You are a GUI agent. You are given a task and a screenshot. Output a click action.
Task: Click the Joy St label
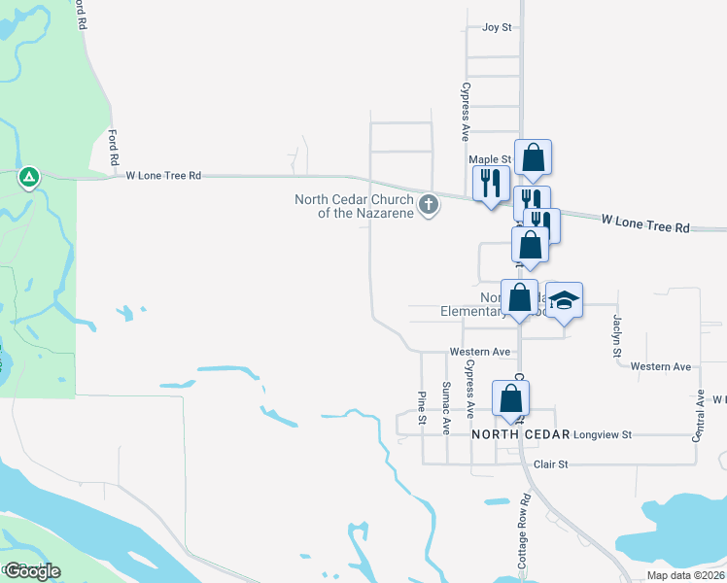(497, 27)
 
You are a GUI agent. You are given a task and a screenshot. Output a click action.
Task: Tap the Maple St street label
(489, 159)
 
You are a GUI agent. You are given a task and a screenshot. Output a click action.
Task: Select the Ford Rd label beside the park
(114, 146)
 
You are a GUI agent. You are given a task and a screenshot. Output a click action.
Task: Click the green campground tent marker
(29, 177)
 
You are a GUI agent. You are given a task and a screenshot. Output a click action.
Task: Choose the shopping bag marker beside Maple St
(533, 156)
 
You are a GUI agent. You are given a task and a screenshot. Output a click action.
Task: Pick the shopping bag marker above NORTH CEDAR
(510, 398)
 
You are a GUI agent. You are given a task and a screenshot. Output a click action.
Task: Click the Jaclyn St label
(616, 335)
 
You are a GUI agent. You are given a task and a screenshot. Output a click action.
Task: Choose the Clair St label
(550, 464)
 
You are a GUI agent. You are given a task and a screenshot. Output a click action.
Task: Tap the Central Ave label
(698, 417)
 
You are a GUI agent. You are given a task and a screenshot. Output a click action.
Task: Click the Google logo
(32, 571)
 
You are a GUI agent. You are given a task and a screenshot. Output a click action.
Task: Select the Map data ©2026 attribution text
(685, 575)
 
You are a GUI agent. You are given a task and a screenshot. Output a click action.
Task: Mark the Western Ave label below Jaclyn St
(660, 366)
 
